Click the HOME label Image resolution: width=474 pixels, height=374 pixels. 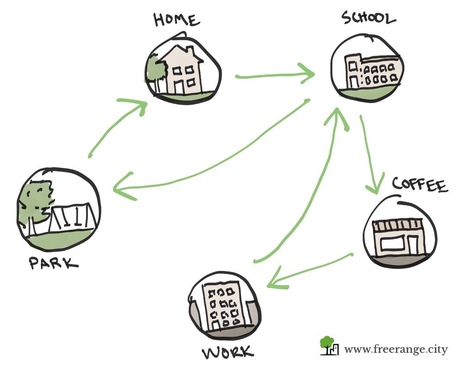tap(177, 20)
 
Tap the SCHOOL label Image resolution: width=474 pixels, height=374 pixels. tap(368, 18)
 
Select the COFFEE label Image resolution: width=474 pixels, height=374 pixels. tap(419, 185)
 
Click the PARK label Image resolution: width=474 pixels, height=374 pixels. tap(54, 263)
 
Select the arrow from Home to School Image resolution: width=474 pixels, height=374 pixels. tap(275, 76)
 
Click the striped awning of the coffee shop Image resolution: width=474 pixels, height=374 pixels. tap(397, 226)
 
